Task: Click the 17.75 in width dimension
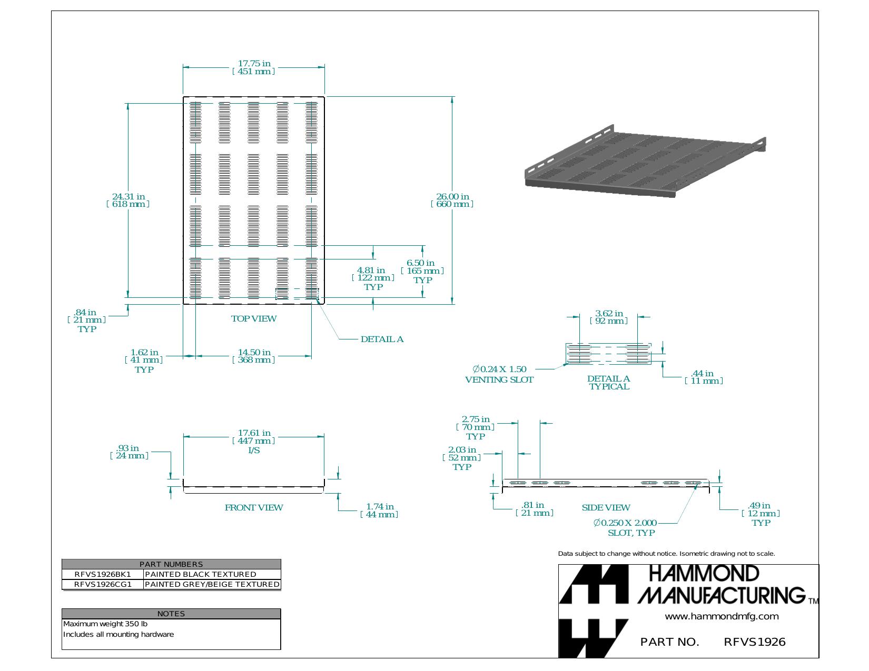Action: (x=254, y=67)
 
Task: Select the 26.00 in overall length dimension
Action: (x=452, y=200)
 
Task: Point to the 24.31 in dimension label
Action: (x=128, y=200)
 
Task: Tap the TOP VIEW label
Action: (x=254, y=319)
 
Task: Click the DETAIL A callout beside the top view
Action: (x=382, y=339)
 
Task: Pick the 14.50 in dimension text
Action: (x=254, y=356)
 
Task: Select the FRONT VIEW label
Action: (x=254, y=507)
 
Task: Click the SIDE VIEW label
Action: (x=606, y=507)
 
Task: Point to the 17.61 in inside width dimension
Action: (x=254, y=441)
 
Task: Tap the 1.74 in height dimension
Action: (x=380, y=510)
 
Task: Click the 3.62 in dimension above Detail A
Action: (x=609, y=317)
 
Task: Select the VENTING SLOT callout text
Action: (x=499, y=380)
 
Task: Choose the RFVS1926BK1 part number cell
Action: (x=103, y=574)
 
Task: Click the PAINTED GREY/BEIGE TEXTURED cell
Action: (x=212, y=584)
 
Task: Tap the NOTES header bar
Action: (x=171, y=614)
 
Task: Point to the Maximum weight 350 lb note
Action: (x=105, y=624)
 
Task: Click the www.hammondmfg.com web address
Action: (x=722, y=617)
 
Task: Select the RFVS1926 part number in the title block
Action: (x=755, y=642)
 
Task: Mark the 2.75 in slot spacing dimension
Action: (x=475, y=428)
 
